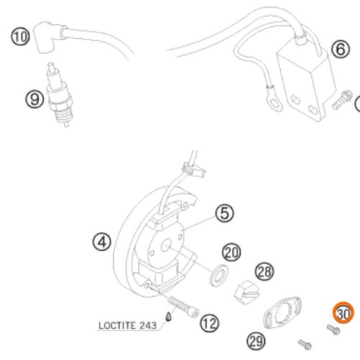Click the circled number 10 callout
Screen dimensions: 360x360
[20, 37]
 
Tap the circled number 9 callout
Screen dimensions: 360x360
[35, 99]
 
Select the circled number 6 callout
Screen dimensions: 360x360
[341, 49]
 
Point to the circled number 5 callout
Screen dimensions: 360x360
[225, 213]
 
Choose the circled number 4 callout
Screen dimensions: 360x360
[102, 242]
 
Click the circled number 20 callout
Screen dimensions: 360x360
[232, 253]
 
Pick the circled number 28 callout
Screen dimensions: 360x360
[264, 271]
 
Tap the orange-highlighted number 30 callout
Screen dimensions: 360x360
[343, 312]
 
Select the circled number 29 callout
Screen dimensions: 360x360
[256, 341]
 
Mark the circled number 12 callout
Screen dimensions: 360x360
[210, 323]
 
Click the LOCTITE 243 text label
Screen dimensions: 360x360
[127, 325]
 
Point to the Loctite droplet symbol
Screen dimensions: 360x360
[169, 317]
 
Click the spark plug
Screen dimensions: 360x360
[59, 96]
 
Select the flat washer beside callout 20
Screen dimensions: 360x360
[219, 275]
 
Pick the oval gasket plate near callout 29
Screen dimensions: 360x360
[282, 312]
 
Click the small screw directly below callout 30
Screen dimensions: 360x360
[333, 329]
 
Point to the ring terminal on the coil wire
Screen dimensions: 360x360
[276, 104]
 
